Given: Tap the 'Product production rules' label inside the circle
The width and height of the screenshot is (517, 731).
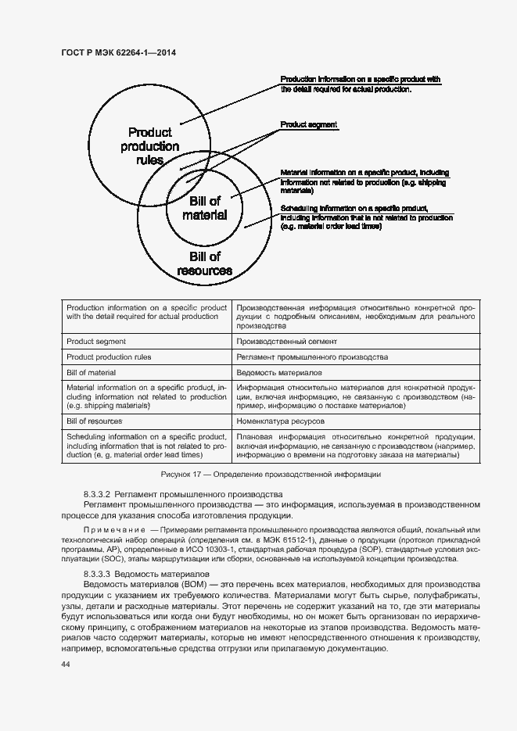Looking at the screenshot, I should point(149,146).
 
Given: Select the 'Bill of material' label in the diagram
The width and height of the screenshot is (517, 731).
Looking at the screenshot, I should point(205,208).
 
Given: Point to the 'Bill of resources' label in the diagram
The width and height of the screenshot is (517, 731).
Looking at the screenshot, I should point(205,263).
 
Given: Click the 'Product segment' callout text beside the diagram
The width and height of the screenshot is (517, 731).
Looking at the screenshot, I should point(309,125).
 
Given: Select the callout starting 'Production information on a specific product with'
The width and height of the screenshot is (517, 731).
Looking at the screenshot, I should point(360,84).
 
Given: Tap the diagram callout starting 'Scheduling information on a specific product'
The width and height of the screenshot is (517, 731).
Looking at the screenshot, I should point(365,218).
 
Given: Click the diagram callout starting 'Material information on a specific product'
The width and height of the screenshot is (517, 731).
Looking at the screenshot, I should point(364,181).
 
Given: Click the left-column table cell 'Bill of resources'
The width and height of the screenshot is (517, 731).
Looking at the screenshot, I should point(95,421).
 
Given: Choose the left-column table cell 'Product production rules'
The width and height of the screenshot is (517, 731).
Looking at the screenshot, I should point(109,357).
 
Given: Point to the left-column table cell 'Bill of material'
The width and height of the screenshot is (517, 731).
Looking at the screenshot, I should point(92,373).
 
